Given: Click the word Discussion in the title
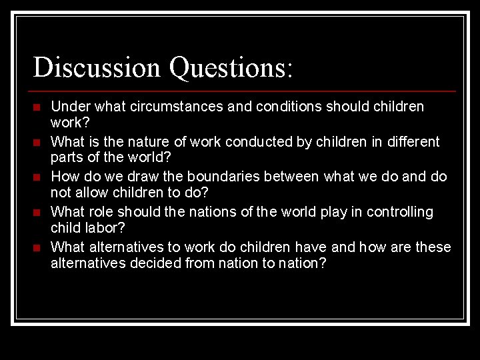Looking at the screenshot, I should tap(97, 68).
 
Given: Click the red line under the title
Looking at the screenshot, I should tap(244, 91).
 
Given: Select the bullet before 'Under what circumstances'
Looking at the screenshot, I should tap(37, 107).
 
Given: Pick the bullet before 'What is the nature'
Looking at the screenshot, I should tap(37, 143).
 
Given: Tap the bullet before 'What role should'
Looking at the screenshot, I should tap(37, 213).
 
